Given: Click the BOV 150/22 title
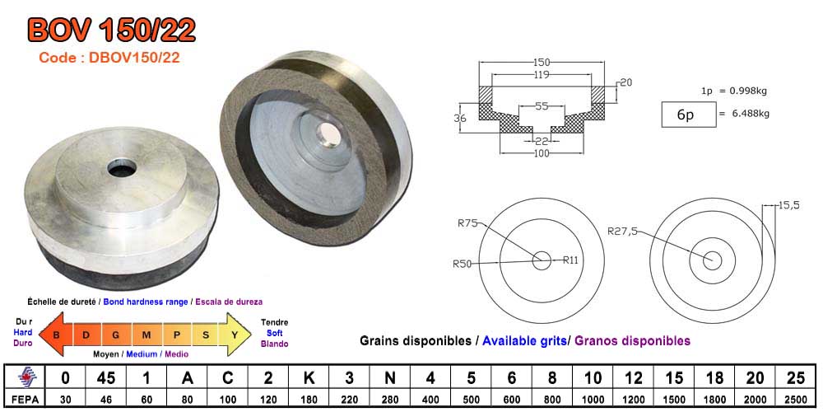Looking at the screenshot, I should (112, 30).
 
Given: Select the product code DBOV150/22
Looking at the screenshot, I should (109, 58).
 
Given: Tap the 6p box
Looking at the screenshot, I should (685, 115).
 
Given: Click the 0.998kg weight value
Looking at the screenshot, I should (749, 90).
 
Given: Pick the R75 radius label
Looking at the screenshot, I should (467, 222).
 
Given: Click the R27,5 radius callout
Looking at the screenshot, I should (622, 232).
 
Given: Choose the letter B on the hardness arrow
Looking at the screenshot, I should (57, 335).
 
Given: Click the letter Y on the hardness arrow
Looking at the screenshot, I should (235, 335).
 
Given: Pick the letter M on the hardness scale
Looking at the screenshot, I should (146, 335).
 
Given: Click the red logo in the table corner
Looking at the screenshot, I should (21, 377).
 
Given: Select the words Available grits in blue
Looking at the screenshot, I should (524, 340).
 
